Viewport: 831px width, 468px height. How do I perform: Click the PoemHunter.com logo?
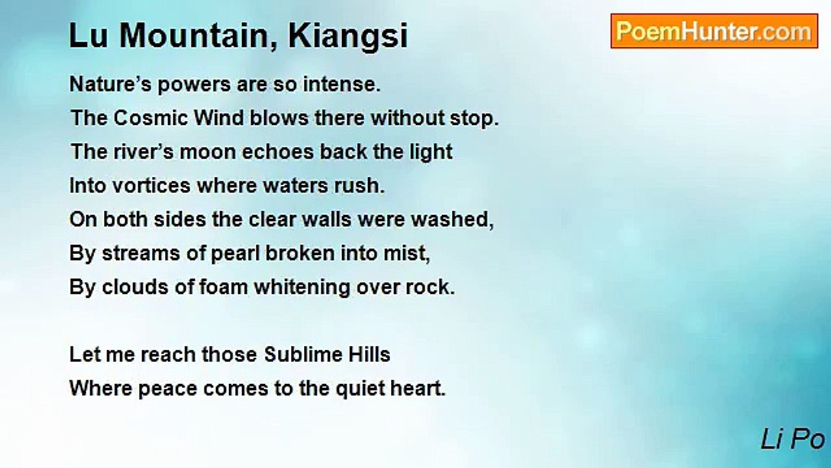(714, 31)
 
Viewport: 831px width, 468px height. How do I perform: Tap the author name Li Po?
(793, 440)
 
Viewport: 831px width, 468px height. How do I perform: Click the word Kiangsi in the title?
(349, 36)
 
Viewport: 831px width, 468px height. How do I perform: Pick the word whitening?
(302, 287)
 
